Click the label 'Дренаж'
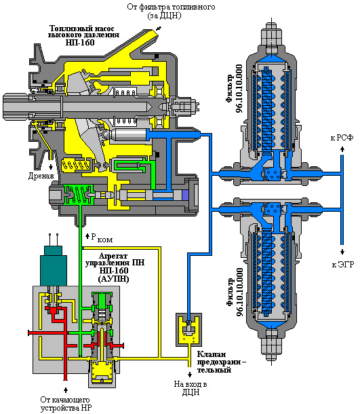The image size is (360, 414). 41,176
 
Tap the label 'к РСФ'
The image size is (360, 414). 342,138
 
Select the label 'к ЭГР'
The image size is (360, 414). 343,265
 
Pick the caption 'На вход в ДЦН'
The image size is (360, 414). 191,388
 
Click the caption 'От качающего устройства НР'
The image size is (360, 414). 66,404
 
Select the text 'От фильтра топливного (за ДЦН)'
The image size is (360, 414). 171,11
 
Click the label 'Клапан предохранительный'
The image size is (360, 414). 222,362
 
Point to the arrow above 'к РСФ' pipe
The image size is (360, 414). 342,149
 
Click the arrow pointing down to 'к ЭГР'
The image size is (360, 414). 342,252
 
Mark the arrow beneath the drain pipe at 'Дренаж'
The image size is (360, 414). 50,167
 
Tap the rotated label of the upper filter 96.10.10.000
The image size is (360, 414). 234,89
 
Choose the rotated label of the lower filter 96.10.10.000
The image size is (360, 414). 235,293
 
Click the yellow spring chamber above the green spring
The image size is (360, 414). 75,166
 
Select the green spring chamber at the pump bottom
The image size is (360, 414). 79,195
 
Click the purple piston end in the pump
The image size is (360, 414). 185,195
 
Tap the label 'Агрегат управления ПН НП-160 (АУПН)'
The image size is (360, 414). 115,267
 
